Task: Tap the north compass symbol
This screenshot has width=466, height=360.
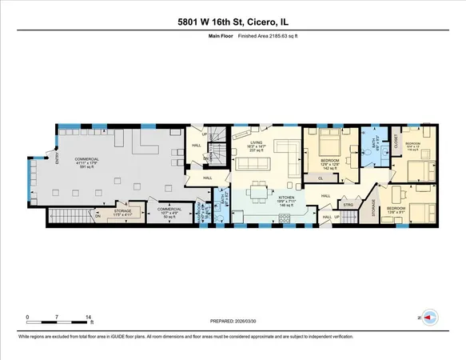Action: point(430,316)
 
